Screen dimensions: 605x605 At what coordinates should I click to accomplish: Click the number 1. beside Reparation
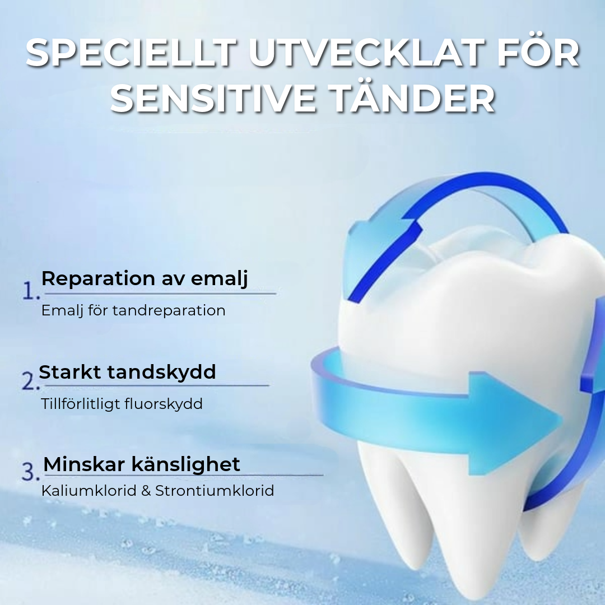[31, 291]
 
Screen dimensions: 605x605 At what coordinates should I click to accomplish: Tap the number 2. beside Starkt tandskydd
[31, 381]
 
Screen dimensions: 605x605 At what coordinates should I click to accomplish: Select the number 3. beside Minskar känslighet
[31, 472]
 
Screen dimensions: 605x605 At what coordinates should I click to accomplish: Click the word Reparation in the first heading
[98, 279]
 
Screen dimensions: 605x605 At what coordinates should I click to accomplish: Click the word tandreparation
[169, 311]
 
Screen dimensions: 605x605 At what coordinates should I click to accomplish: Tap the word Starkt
[70, 373]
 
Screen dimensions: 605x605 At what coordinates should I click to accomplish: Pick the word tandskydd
[161, 373]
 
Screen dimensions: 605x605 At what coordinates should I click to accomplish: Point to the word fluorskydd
[164, 404]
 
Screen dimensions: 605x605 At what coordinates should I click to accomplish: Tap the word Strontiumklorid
[215, 491]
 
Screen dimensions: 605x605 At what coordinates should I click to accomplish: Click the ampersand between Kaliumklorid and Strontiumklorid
[146, 491]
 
